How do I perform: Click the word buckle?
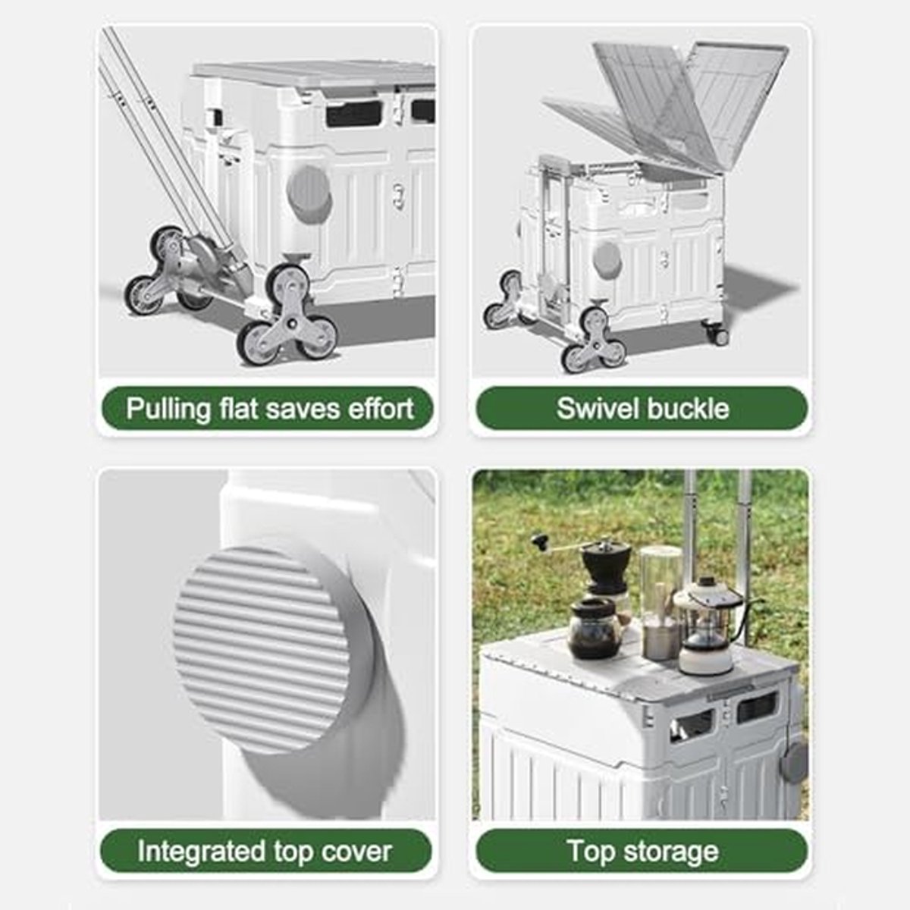[686, 408]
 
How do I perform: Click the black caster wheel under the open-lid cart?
[717, 335]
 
